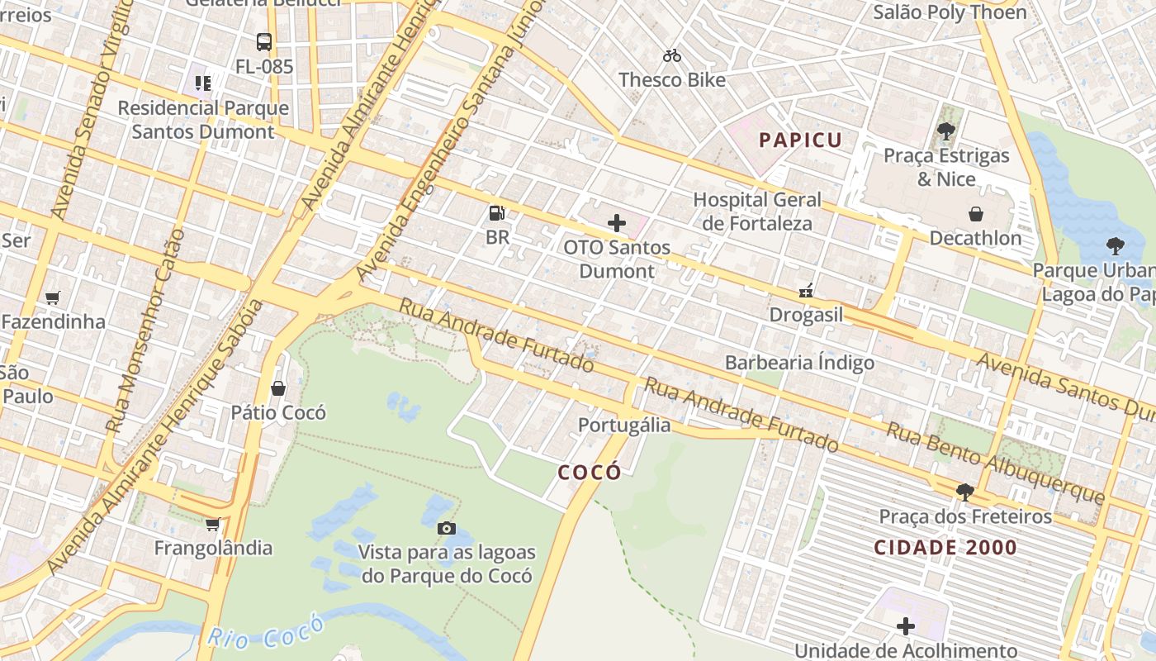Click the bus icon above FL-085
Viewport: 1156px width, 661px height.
(264, 41)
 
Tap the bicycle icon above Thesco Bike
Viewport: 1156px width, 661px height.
(672, 56)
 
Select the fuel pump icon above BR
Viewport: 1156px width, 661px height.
(496, 213)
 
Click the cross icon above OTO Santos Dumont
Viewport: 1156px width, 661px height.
(617, 223)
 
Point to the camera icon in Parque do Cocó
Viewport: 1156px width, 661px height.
(446, 528)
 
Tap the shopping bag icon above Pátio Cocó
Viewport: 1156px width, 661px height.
(278, 388)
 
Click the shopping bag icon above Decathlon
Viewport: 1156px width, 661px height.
(975, 214)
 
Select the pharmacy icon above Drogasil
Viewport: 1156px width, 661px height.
(806, 291)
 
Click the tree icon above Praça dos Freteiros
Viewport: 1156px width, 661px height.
(964, 492)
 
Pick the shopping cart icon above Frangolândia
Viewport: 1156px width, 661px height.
(212, 524)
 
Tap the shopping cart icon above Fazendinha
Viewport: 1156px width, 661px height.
(53, 297)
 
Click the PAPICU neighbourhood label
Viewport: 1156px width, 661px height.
(800, 140)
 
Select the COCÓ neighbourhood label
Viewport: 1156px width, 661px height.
(590, 473)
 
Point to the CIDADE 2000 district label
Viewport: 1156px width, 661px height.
(945, 547)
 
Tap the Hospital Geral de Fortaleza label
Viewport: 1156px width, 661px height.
(757, 212)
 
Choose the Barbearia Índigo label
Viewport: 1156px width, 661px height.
(799, 362)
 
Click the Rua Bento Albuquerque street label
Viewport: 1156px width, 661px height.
(995, 462)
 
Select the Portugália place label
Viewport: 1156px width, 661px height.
(624, 425)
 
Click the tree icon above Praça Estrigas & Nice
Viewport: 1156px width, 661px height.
(946, 131)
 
